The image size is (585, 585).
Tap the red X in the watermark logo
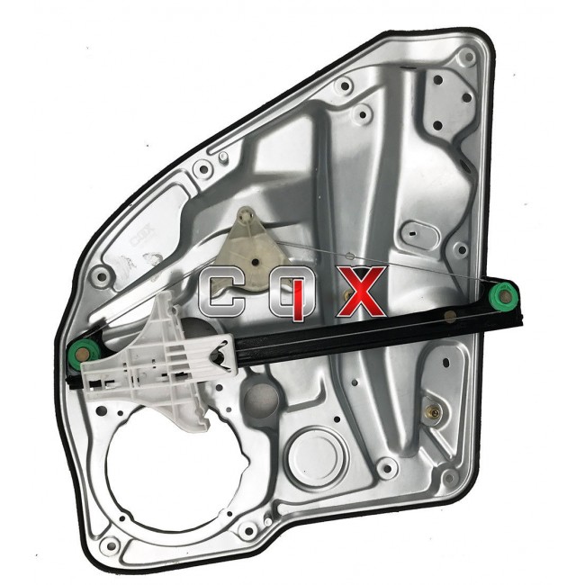click(x=360, y=291)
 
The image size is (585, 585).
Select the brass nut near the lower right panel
click(x=433, y=412)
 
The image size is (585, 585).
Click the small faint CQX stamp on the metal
click(x=142, y=235)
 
